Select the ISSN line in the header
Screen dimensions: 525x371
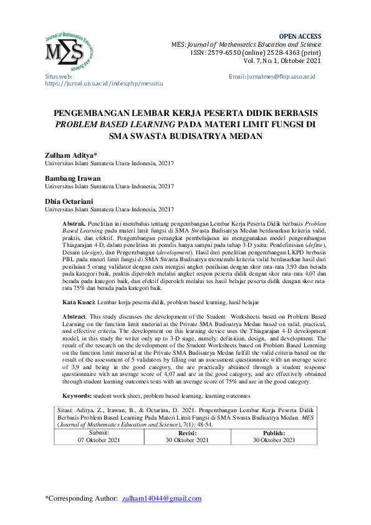(x=256, y=53)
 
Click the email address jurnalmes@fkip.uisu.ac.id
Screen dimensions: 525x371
(x=272, y=76)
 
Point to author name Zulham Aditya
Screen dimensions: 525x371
(x=69, y=154)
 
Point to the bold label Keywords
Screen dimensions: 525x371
(x=78, y=396)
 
